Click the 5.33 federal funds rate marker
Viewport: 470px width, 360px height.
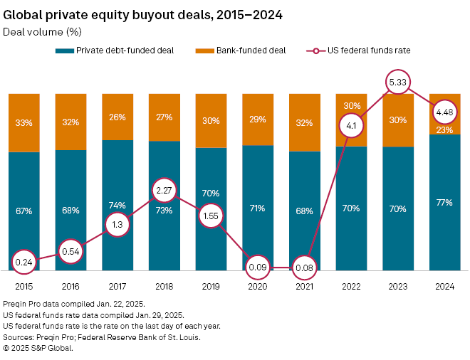397,83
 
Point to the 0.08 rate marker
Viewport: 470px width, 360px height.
303,268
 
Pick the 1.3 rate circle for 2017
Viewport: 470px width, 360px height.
117,225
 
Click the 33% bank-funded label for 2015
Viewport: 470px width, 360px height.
23,122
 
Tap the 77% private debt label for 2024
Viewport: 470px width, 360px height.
444,202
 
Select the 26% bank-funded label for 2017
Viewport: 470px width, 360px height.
117,117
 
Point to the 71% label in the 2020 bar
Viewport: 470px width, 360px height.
257,208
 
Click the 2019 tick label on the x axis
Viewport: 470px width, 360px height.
210,286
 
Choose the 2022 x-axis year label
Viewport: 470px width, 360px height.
350,286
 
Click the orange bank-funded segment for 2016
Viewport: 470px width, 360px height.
70,122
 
